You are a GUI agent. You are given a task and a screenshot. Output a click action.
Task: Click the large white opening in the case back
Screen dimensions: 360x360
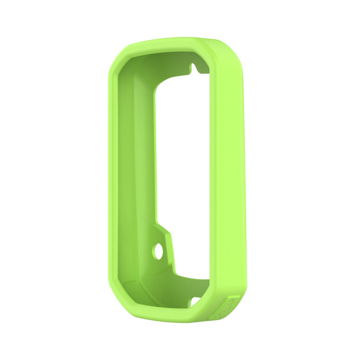182,171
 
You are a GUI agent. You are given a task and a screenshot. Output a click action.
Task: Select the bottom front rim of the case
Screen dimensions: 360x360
162,317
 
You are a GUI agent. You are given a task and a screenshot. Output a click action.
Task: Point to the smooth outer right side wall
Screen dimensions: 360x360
232,180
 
